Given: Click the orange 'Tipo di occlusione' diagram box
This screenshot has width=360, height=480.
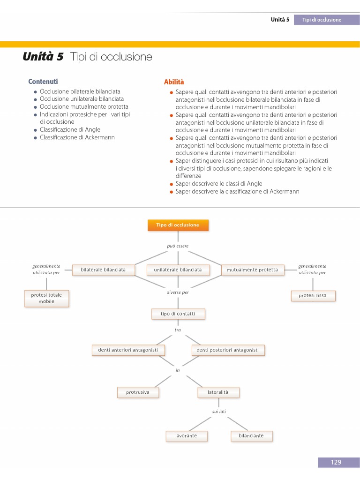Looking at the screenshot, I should [178, 225].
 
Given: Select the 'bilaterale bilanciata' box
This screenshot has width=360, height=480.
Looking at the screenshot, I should [103, 270].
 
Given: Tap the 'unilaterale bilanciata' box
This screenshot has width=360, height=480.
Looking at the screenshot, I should [178, 270].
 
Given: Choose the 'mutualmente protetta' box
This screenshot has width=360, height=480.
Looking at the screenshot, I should [252, 270].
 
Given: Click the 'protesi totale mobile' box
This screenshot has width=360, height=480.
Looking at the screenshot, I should [46, 298].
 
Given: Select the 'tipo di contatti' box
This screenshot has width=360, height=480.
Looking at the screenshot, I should [178, 314].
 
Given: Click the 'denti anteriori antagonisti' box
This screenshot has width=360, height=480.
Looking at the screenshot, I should [128, 350].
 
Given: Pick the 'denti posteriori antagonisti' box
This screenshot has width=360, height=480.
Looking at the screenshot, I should [227, 350].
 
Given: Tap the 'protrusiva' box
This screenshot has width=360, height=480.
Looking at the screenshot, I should [138, 392].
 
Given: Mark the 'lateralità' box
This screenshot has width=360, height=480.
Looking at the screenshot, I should [218, 392].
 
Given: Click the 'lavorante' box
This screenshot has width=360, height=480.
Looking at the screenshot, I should [186, 436].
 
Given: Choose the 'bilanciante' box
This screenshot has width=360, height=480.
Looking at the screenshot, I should [251, 436].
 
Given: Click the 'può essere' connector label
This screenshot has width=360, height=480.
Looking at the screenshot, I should [178, 246].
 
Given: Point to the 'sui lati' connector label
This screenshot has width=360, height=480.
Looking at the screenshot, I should [219, 412].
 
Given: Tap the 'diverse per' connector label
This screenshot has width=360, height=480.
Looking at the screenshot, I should [178, 292].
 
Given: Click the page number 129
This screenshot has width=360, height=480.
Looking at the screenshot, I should [336, 463].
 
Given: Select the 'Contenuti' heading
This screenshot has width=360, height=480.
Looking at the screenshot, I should [43, 82].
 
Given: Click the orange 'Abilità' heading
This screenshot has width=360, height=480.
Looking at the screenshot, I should [174, 82].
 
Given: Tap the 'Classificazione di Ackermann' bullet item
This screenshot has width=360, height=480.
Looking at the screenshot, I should [77, 137].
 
